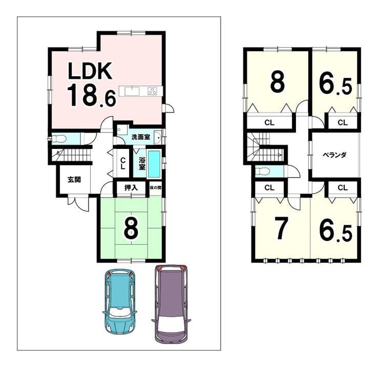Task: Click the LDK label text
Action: click(90, 71)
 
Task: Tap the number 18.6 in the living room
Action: click(92, 96)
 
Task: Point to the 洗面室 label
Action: click(141, 137)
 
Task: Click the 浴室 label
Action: click(142, 163)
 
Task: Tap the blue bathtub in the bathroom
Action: click(154, 164)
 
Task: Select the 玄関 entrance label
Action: click(74, 180)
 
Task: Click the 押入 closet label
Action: click(131, 188)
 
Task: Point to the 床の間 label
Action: click(155, 187)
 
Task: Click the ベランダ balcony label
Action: click(335, 155)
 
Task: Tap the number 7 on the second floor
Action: click(281, 228)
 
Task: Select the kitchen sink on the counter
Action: click(132, 92)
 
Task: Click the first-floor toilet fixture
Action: click(58, 139)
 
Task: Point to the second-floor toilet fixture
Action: click(262, 171)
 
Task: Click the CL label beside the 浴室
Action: click(123, 163)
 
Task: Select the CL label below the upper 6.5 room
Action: click(342, 122)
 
